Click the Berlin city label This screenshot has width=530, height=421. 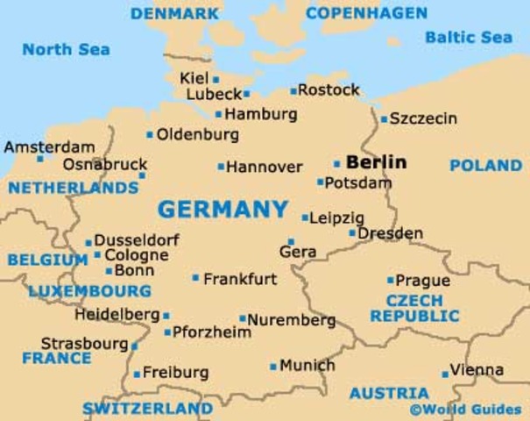(x=377, y=162)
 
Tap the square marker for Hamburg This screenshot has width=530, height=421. (x=219, y=114)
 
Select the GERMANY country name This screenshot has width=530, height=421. (x=223, y=210)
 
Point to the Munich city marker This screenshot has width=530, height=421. (x=273, y=367)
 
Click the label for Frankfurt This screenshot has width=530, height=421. (x=240, y=280)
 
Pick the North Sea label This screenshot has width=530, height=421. (x=67, y=49)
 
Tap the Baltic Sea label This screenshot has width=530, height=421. (x=469, y=38)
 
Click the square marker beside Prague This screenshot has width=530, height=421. (x=391, y=281)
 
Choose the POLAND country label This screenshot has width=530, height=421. (x=485, y=166)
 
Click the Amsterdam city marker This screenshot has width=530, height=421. (x=39, y=159)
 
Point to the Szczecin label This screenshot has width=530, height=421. (x=423, y=118)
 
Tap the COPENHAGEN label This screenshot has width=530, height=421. (x=366, y=13)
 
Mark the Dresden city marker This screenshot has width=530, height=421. (x=352, y=233)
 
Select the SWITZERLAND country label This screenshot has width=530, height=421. (x=147, y=409)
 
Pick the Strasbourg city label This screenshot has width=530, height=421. (x=84, y=343)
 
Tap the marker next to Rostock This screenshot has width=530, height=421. (x=293, y=90)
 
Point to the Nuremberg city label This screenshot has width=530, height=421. (x=292, y=320)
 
